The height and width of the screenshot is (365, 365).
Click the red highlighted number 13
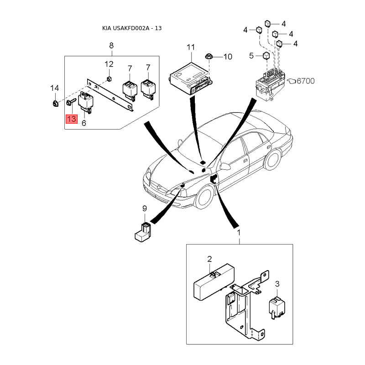click(x=72, y=119)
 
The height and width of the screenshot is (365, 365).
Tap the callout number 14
click(x=55, y=88)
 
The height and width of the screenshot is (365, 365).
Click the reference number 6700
click(x=306, y=81)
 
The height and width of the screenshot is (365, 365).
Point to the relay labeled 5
click(x=266, y=56)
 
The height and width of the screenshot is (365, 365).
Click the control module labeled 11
click(x=190, y=79)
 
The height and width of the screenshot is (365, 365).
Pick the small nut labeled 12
click(x=109, y=78)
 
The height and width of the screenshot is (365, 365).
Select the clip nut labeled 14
click(x=55, y=104)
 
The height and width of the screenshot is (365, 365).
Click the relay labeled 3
click(x=277, y=307)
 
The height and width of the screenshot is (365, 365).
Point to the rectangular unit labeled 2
click(x=214, y=282)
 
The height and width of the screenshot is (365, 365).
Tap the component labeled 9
click(x=142, y=232)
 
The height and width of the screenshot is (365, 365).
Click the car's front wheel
click(x=204, y=197)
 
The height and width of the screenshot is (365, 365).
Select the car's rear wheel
click(x=272, y=160)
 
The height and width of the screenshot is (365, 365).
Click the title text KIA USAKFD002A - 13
click(x=132, y=28)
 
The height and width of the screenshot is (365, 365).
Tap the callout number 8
click(x=111, y=45)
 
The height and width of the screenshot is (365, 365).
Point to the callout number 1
click(x=239, y=233)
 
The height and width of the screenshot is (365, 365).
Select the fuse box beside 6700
click(x=270, y=84)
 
